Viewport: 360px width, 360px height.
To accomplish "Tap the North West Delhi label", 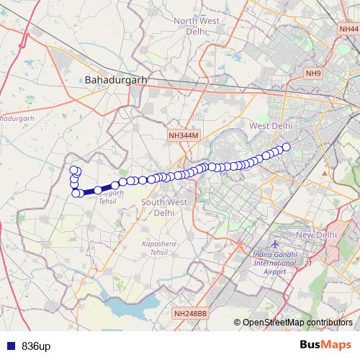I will point(196,26).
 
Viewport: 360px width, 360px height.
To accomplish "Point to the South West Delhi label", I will point(164,207).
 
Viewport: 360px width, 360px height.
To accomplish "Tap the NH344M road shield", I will point(183,135).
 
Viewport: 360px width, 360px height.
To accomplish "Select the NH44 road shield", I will point(347,28).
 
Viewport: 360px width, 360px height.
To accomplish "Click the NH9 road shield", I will point(313,73).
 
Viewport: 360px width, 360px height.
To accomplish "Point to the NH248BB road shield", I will point(190,313).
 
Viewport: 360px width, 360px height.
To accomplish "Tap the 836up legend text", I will point(35,346).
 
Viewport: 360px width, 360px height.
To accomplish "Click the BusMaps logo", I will point(326,345).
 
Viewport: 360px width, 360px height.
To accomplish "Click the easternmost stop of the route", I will point(285,147).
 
